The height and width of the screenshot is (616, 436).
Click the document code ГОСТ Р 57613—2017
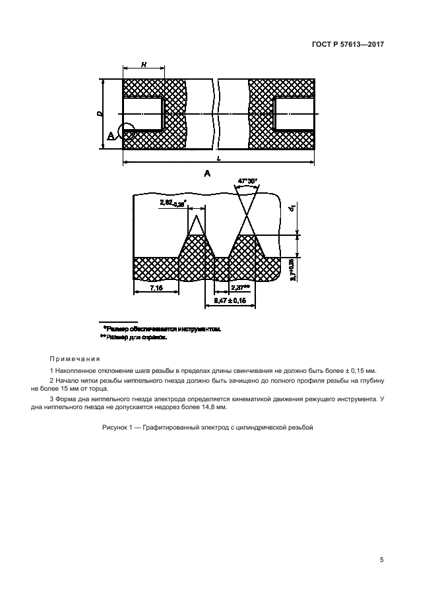point(348,45)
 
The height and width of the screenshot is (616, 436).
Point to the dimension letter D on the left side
point(98,114)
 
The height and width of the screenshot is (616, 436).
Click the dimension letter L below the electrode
point(219,160)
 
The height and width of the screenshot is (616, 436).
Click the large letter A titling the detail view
point(207,174)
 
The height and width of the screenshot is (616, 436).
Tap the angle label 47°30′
point(245,180)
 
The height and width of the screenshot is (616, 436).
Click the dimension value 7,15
point(156,289)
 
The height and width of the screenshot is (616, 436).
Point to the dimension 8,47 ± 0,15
point(231,300)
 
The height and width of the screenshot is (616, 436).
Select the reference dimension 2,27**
point(240,288)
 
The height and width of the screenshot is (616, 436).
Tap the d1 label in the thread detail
point(292,210)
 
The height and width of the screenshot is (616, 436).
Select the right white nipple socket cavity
point(294,113)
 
